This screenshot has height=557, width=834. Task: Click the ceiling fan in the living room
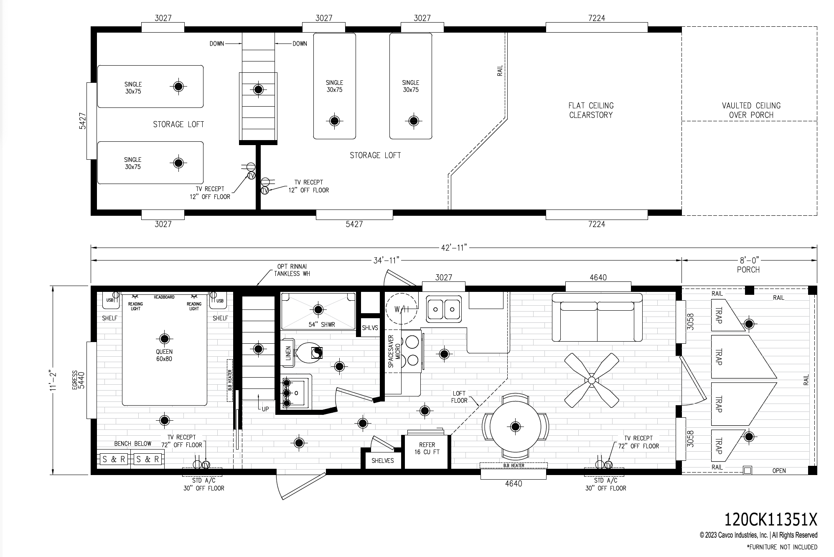tap(592, 380)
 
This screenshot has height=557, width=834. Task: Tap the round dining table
tap(515, 427)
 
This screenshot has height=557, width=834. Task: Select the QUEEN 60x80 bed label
tap(164, 355)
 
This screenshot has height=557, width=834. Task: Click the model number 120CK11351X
tap(770, 520)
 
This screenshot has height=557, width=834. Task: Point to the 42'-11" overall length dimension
tap(454, 248)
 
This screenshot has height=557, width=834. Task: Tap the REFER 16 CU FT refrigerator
tap(427, 448)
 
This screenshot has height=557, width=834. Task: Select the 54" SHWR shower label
tap(322, 324)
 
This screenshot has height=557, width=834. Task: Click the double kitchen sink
tap(444, 309)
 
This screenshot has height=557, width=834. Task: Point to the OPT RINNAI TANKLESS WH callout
tap(292, 270)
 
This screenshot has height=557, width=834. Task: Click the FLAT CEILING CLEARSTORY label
tap(591, 110)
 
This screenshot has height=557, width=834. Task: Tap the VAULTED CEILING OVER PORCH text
tap(751, 110)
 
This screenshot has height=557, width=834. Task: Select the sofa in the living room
tap(598, 317)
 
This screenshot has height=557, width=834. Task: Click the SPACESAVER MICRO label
tap(394, 351)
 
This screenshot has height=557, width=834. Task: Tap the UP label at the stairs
tap(265, 409)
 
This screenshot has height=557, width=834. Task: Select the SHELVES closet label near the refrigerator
tap(383, 460)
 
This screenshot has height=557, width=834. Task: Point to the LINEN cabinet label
tap(288, 354)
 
